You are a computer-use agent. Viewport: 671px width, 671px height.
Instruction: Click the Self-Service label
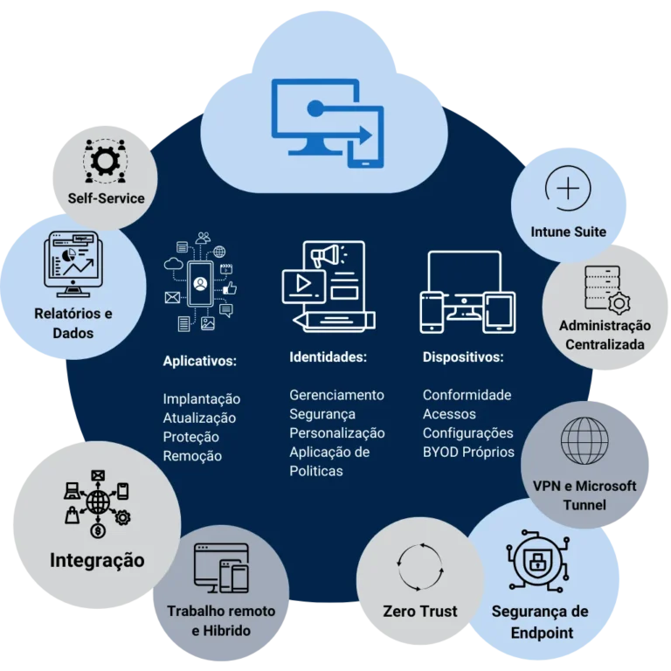[x=106, y=198]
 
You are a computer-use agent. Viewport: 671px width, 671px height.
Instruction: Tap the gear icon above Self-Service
[x=105, y=161]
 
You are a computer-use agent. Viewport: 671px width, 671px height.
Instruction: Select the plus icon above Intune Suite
[x=568, y=189]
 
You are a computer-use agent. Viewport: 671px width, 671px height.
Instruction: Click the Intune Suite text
[x=568, y=232]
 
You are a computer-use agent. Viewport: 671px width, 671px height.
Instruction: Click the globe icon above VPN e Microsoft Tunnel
[x=585, y=440]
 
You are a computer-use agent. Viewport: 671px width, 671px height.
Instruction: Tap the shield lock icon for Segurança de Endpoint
[x=538, y=561]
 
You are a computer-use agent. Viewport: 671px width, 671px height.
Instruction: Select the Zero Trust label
[x=419, y=611]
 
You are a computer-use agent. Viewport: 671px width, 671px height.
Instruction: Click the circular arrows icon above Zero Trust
[x=420, y=566]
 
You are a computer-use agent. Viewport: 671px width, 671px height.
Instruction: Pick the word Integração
[x=97, y=561]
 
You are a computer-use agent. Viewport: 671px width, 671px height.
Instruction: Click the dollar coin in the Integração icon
[x=98, y=531]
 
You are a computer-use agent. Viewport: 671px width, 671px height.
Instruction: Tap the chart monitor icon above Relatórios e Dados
[x=73, y=264]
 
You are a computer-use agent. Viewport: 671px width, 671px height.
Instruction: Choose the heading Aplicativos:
[x=199, y=361]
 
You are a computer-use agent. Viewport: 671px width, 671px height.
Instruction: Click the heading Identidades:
[x=328, y=356]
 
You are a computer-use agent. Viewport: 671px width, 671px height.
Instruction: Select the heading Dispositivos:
[x=463, y=356]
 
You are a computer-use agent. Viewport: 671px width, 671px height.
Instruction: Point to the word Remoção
[x=192, y=456]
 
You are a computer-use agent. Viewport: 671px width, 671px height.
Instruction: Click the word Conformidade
[x=467, y=395]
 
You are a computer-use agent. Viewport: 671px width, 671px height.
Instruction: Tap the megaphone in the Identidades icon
[x=326, y=256]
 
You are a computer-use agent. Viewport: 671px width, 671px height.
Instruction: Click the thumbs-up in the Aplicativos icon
[x=230, y=288]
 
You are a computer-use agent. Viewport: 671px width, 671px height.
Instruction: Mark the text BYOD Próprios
[x=468, y=453]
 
